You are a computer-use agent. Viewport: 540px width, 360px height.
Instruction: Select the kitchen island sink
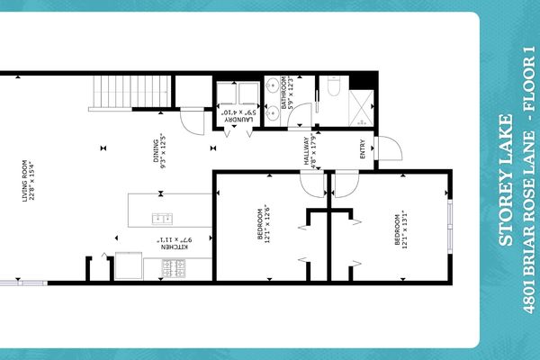pos(163,217)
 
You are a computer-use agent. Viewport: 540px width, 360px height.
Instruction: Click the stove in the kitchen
pos(172,267)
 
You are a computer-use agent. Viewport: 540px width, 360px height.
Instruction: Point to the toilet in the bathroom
pos(332,87)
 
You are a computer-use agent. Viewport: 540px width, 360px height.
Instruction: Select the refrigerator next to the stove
pos(128,266)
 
